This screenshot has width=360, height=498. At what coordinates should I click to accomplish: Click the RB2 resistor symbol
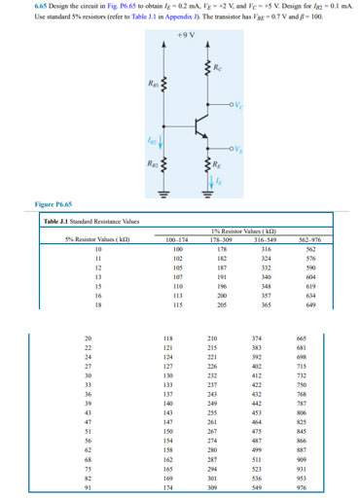(x=160, y=160)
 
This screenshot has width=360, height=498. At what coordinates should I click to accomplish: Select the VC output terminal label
(x=234, y=105)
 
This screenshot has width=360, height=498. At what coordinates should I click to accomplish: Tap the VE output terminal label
(x=234, y=148)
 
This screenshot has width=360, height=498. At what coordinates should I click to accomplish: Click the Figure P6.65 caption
(x=32, y=205)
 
